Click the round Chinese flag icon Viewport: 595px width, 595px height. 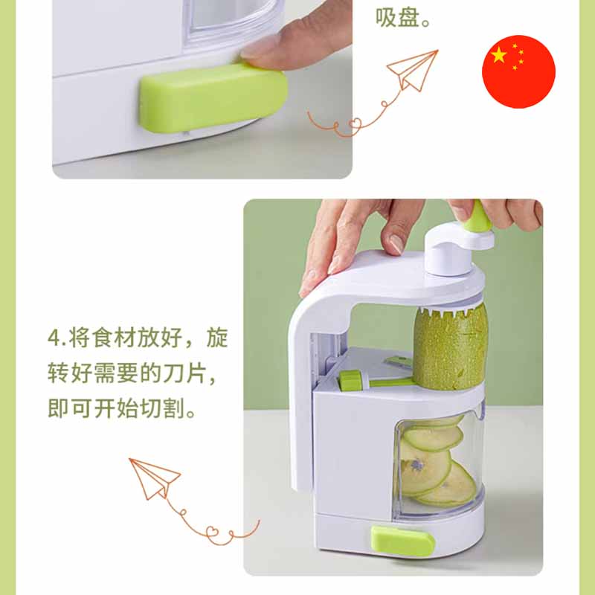click(518, 71)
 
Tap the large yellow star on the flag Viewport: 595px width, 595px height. click(499, 55)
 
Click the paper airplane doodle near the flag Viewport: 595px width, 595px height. click(413, 70)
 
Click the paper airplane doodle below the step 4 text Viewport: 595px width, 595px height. click(154, 478)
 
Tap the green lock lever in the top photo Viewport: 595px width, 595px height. click(213, 98)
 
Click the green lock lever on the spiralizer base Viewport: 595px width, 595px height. click(402, 541)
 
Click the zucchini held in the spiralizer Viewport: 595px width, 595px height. click(450, 350)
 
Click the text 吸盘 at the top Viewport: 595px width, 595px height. click(397, 17)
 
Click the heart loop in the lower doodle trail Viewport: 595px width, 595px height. click(213, 531)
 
